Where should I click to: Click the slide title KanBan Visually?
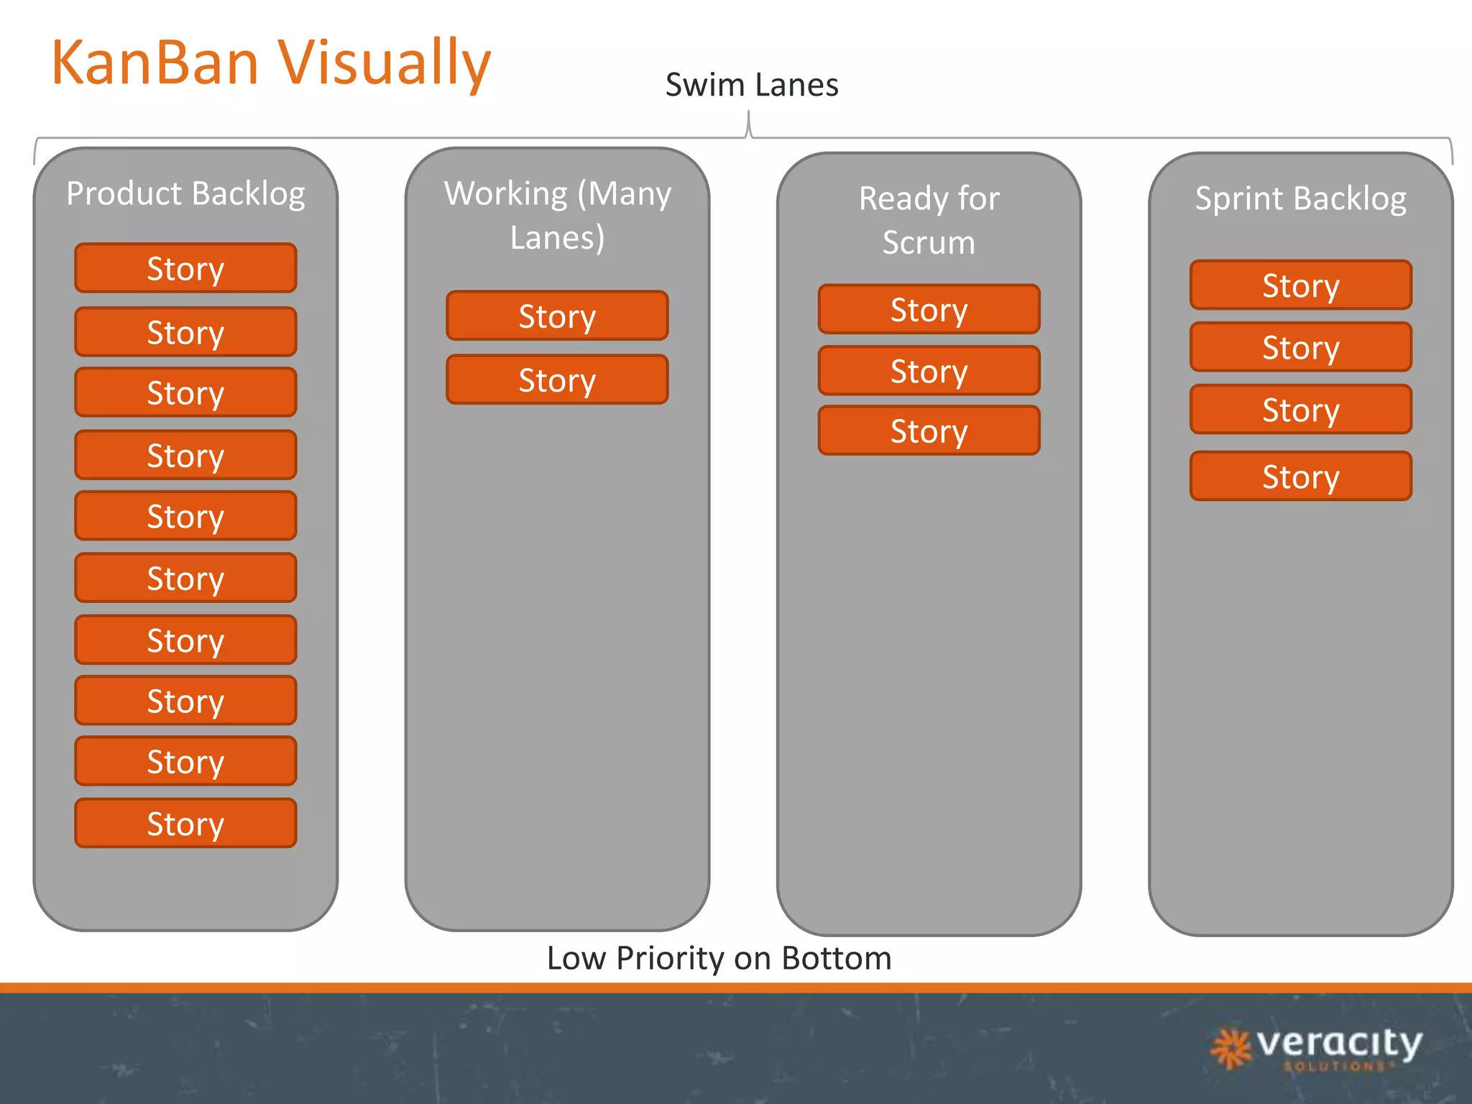[x=271, y=63]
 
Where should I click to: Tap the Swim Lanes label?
[x=752, y=85]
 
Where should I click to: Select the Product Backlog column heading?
[x=185, y=193]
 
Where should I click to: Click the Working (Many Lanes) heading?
[x=557, y=215]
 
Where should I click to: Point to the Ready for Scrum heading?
[x=929, y=220]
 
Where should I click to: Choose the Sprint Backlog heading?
[x=1300, y=198]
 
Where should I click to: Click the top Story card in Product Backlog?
[x=185, y=268]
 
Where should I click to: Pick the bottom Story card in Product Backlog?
[x=185, y=823]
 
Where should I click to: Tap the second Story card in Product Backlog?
[x=185, y=332]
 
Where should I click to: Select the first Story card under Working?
[x=557, y=316]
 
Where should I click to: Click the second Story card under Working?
[x=557, y=379]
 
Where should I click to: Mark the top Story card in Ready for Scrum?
[x=929, y=309]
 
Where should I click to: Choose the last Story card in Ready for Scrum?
[x=929, y=431]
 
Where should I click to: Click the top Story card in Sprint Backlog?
[x=1300, y=285]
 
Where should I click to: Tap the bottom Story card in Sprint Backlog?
[x=1300, y=476]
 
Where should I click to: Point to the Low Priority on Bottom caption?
[x=719, y=958]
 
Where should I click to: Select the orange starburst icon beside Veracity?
[x=1231, y=1048]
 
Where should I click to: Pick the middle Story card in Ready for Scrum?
[x=929, y=371]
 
